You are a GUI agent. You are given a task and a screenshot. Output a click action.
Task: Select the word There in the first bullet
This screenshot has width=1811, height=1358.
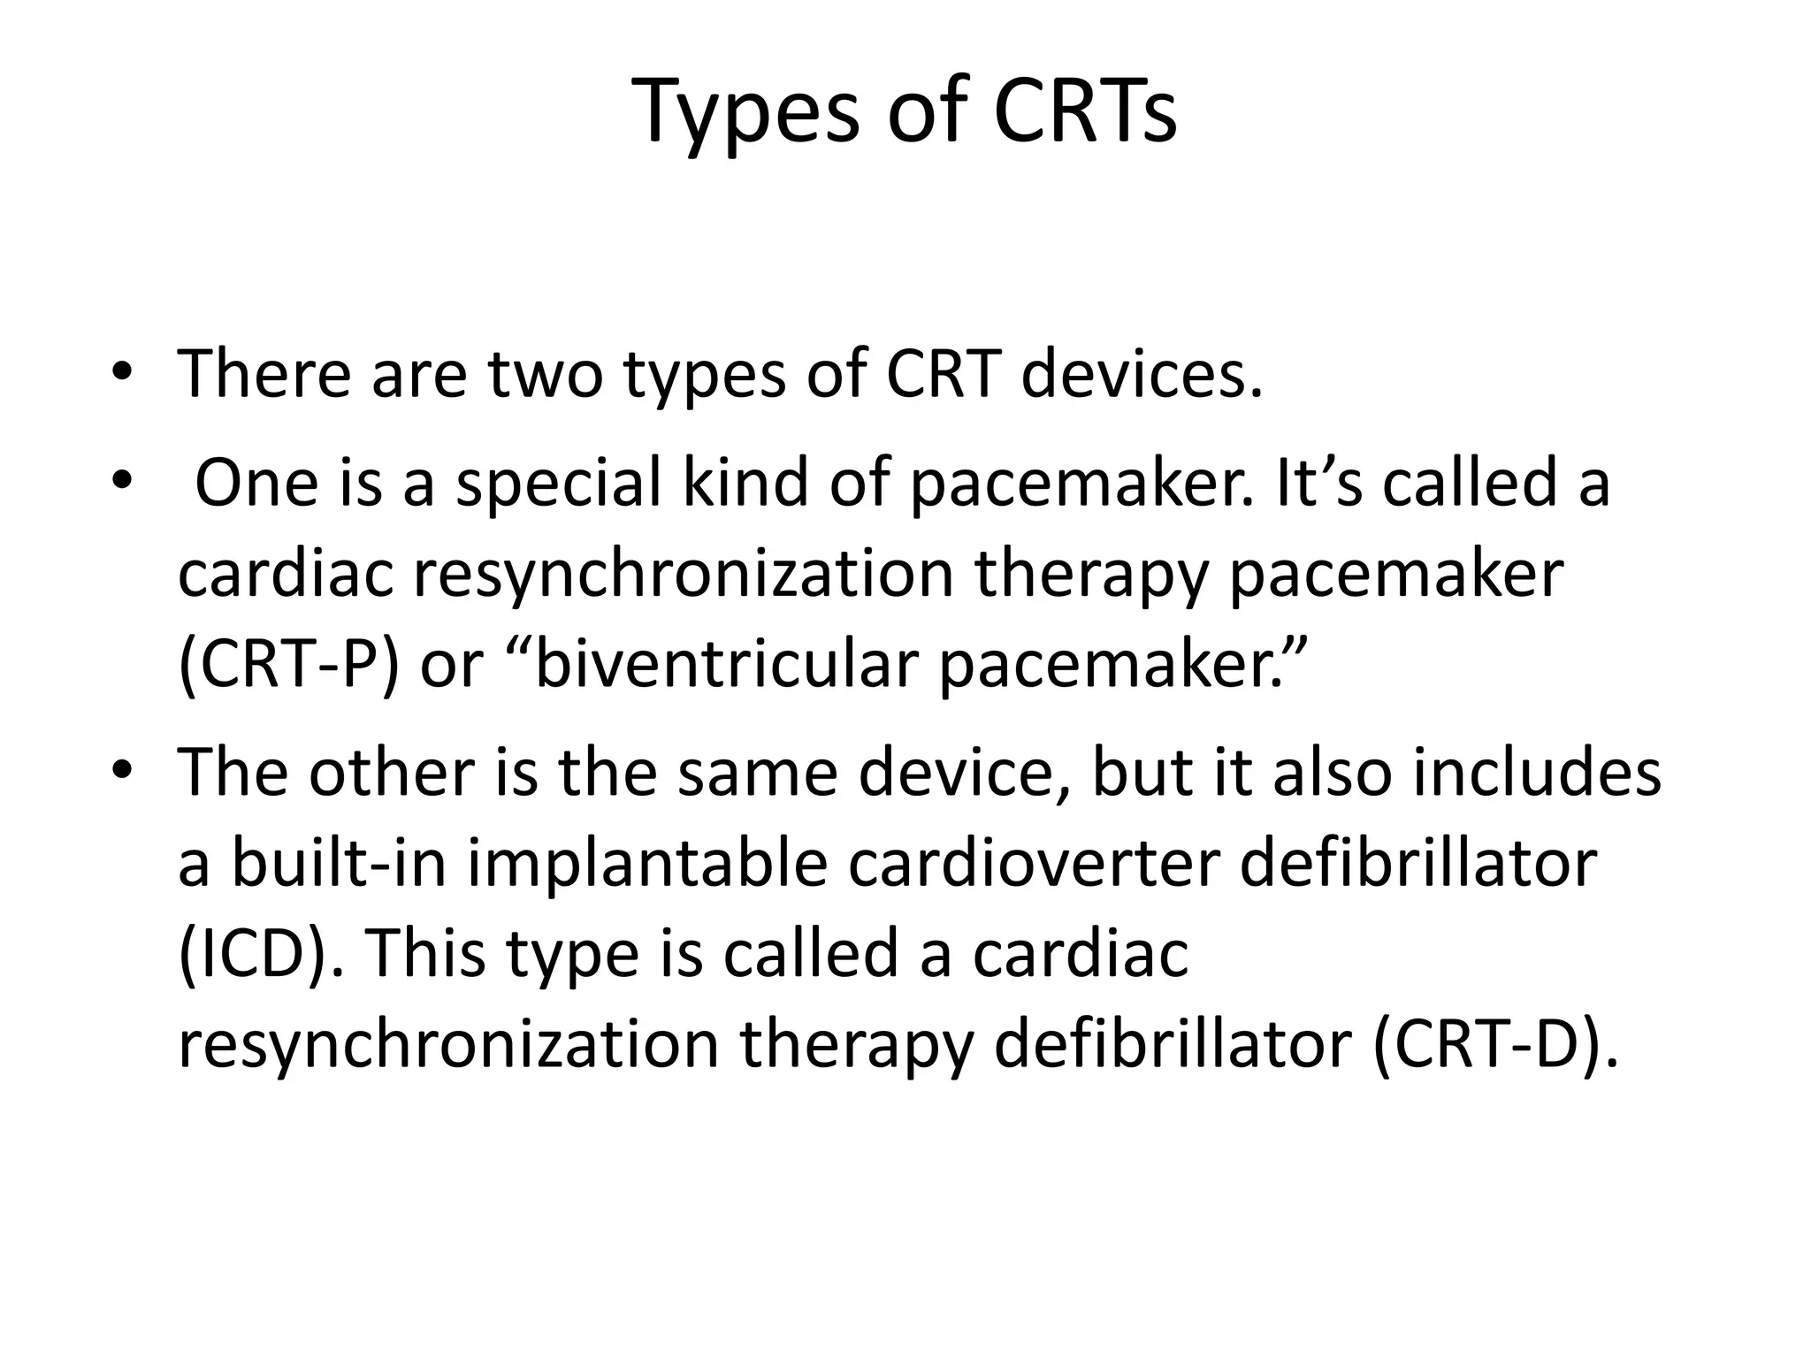pos(264,373)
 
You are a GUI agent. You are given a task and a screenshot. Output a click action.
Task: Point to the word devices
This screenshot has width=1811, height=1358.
pos(1141,373)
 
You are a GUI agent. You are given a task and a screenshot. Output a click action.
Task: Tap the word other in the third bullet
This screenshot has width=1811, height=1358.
pos(390,773)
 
